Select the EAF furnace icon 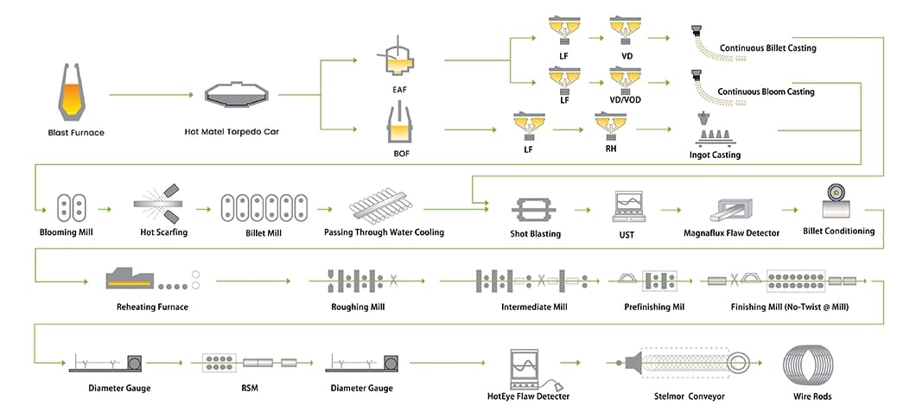point(398,60)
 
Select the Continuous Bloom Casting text point(767,92)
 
